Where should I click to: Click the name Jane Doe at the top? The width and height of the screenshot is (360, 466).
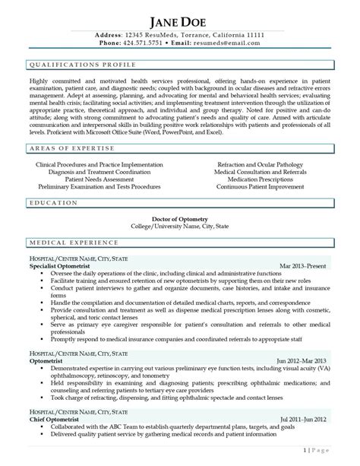pos(179,20)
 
